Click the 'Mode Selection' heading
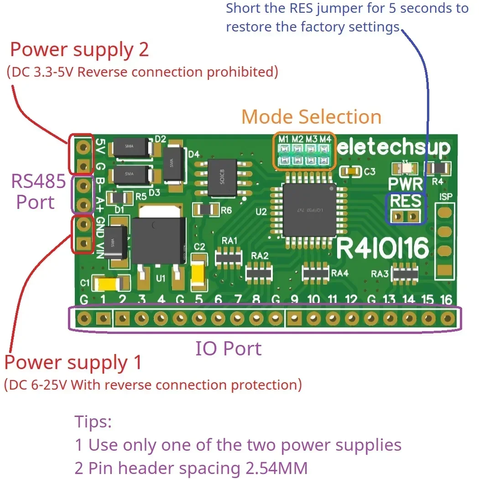tap(311, 117)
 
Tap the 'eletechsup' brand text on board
tap(394, 148)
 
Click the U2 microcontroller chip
tap(309, 210)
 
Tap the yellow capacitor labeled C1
tap(109, 284)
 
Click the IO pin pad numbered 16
tap(448, 318)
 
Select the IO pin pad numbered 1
tap(104, 318)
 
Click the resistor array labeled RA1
tap(228, 257)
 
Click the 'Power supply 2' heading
tap(79, 49)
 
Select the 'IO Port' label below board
tap(229, 349)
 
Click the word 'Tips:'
tap(93, 422)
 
